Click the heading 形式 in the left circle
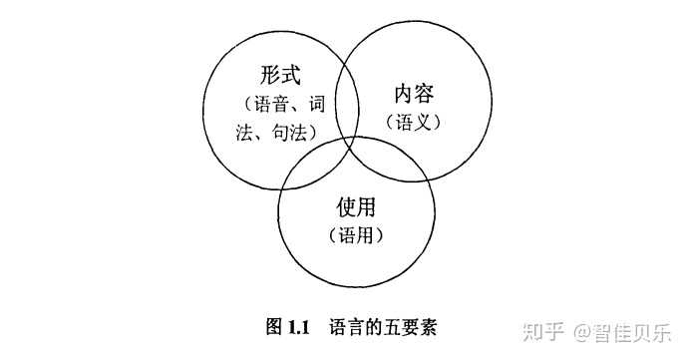[x=277, y=76]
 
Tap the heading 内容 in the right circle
[x=413, y=96]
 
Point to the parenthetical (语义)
[x=413, y=122]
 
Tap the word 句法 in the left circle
[x=294, y=131]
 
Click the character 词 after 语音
[x=316, y=103]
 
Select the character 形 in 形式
[x=266, y=76]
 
